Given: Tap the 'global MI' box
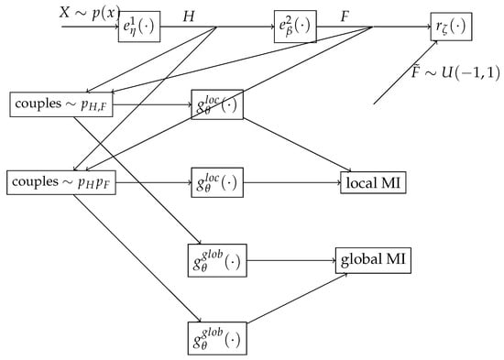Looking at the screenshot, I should click(373, 260).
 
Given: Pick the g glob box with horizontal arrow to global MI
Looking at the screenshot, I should click(216, 260).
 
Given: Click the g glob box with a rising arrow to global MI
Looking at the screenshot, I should click(216, 334).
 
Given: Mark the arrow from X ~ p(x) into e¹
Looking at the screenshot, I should click(92, 26).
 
